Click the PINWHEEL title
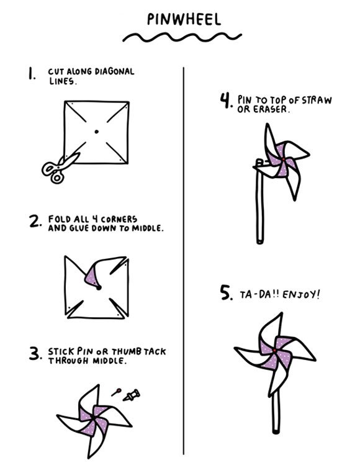(x=184, y=19)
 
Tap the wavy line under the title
(x=182, y=37)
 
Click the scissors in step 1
(x=60, y=168)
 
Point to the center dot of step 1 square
(x=96, y=132)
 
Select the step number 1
(x=32, y=73)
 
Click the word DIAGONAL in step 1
(x=114, y=71)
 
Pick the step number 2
(x=35, y=221)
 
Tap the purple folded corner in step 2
(x=92, y=277)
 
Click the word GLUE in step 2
(x=79, y=228)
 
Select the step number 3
(x=35, y=354)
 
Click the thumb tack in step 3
(x=132, y=395)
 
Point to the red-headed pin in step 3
(x=116, y=392)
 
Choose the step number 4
(x=226, y=101)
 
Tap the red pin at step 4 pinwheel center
(x=283, y=160)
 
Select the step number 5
(x=227, y=292)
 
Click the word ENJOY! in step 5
(x=301, y=295)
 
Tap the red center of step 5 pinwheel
(x=274, y=350)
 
